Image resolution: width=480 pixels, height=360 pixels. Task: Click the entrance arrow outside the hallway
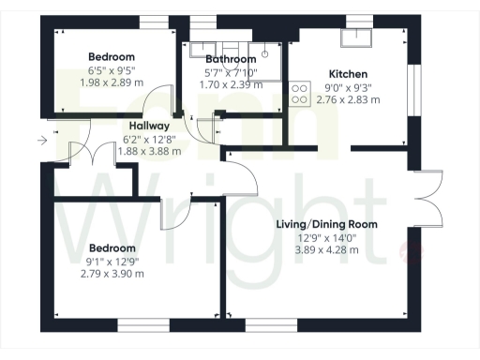point(41,141)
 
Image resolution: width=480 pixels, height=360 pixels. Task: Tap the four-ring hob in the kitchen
point(301,94)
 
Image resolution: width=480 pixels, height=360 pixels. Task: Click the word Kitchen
point(348,74)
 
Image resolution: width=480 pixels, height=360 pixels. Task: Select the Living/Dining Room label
point(326,224)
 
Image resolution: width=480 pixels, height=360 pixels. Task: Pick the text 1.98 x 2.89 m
point(112,83)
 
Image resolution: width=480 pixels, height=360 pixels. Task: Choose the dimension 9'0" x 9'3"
point(347,86)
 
